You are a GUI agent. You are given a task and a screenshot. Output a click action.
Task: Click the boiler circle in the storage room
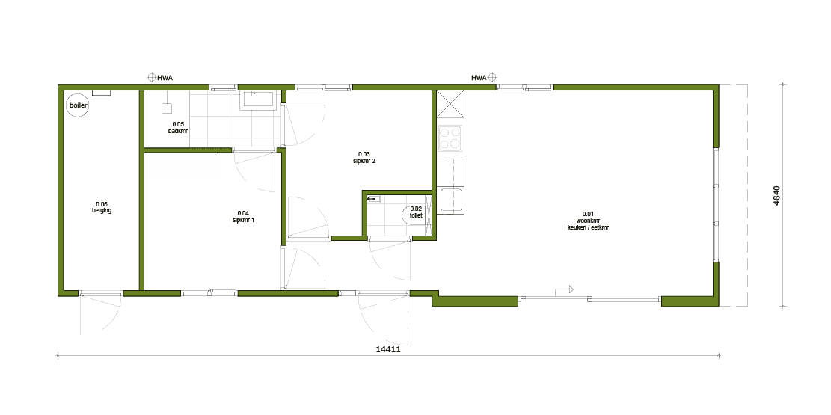click(78, 105)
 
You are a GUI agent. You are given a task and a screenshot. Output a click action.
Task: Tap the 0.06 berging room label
click(102, 207)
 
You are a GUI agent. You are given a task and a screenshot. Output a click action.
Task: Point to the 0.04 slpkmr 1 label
click(243, 216)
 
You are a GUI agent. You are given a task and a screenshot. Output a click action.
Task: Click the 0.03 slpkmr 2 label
click(364, 158)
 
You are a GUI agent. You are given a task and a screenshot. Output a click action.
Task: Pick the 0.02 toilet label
click(416, 212)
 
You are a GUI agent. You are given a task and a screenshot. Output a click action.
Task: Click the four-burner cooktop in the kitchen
click(450, 138)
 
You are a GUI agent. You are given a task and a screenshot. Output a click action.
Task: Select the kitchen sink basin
click(450, 200)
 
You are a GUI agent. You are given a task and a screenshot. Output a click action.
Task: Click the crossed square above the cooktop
click(450, 104)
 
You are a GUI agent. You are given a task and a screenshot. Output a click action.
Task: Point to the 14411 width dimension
click(388, 349)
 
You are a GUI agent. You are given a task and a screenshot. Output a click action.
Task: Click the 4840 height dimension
click(776, 196)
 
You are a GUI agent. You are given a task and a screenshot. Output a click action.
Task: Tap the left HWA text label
click(165, 78)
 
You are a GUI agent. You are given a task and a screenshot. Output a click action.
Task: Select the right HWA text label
click(479, 78)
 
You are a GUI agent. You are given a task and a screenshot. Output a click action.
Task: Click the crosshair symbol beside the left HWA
click(151, 78)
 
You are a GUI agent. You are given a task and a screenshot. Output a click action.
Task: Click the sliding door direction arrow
click(565, 290)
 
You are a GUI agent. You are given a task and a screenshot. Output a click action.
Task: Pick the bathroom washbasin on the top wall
click(257, 100)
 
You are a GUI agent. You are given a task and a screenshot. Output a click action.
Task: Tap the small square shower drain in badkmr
click(167, 108)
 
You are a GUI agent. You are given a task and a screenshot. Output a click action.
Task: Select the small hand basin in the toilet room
click(375, 199)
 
